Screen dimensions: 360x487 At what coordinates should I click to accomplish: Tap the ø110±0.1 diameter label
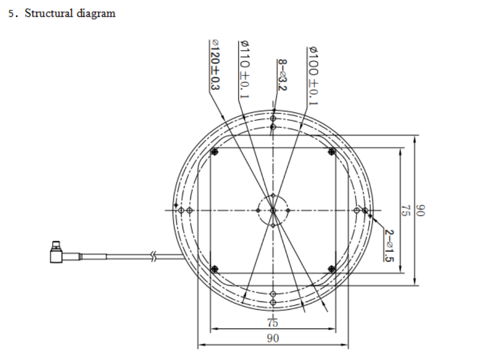point(244,69)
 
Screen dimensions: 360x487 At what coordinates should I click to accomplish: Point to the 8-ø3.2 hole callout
point(282,75)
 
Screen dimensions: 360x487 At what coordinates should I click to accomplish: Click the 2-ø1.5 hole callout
point(389,245)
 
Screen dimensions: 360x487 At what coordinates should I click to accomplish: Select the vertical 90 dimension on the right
point(419,210)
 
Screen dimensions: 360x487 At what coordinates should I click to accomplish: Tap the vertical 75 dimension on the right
point(404,210)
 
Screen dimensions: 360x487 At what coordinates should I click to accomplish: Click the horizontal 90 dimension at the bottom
point(273,339)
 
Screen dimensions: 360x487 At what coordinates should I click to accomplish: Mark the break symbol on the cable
point(153,256)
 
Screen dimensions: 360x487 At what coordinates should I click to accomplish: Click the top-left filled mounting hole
point(214,152)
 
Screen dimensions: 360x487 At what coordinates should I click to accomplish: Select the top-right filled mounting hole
point(331,152)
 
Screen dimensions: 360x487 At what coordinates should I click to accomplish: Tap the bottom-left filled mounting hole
point(214,269)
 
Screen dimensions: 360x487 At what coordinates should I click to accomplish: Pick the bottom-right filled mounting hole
point(331,269)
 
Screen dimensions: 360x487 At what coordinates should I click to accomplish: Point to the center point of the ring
point(273,210)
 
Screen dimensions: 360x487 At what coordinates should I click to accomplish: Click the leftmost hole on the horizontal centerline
point(181,210)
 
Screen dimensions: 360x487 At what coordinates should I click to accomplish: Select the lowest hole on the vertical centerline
point(273,302)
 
